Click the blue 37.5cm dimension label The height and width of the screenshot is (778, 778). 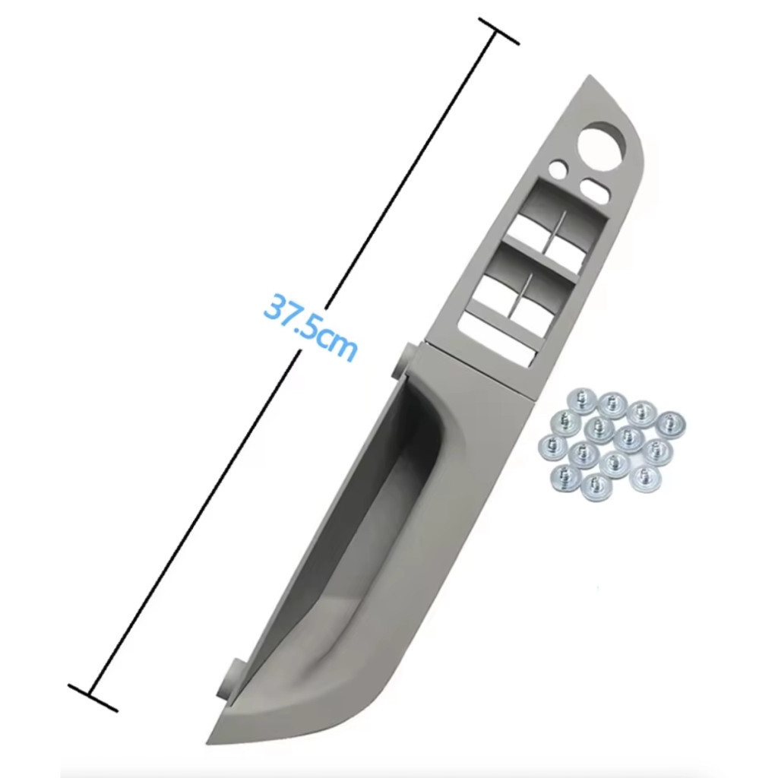(311, 326)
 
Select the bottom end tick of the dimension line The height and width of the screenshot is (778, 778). (93, 698)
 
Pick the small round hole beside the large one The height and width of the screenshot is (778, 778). (560, 168)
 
